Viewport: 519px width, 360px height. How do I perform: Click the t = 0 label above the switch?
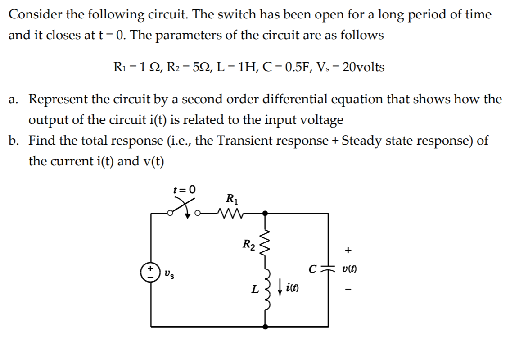pos(185,189)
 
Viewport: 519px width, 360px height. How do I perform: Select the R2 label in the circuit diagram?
pos(248,245)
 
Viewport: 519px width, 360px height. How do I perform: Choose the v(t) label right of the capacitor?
pos(351,269)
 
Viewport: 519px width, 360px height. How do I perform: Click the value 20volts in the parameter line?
pos(363,68)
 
